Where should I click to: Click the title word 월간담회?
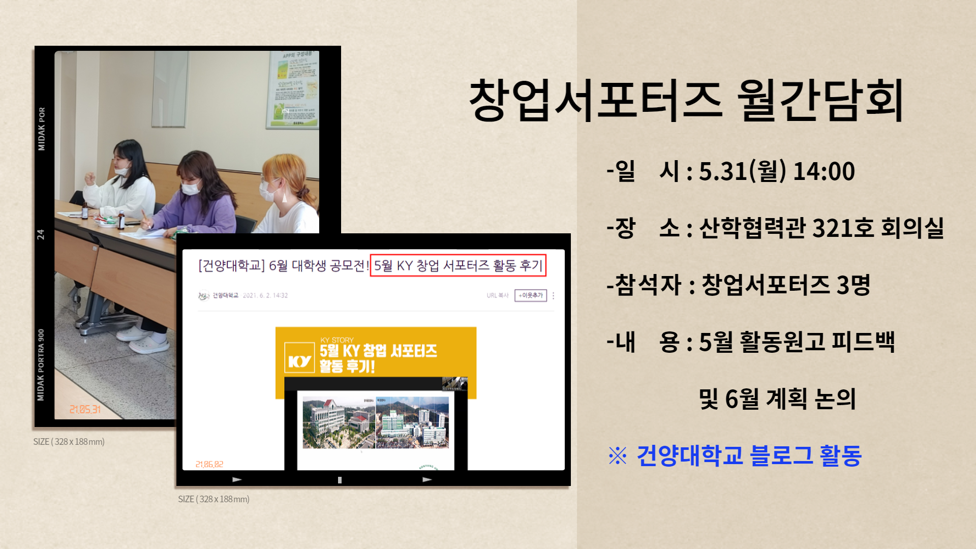(x=819, y=100)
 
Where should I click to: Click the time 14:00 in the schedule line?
(x=823, y=171)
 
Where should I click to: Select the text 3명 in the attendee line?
(x=853, y=285)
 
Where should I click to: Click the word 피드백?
(x=863, y=342)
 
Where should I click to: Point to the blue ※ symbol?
(x=618, y=455)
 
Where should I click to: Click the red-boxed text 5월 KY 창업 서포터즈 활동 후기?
(x=458, y=265)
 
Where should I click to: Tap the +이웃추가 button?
(x=530, y=295)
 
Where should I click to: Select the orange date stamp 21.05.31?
(x=85, y=409)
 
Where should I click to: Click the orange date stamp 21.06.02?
(x=209, y=464)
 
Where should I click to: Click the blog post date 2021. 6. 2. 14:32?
(x=265, y=295)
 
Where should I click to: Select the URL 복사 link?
(x=497, y=295)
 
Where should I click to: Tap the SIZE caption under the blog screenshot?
(x=213, y=499)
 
